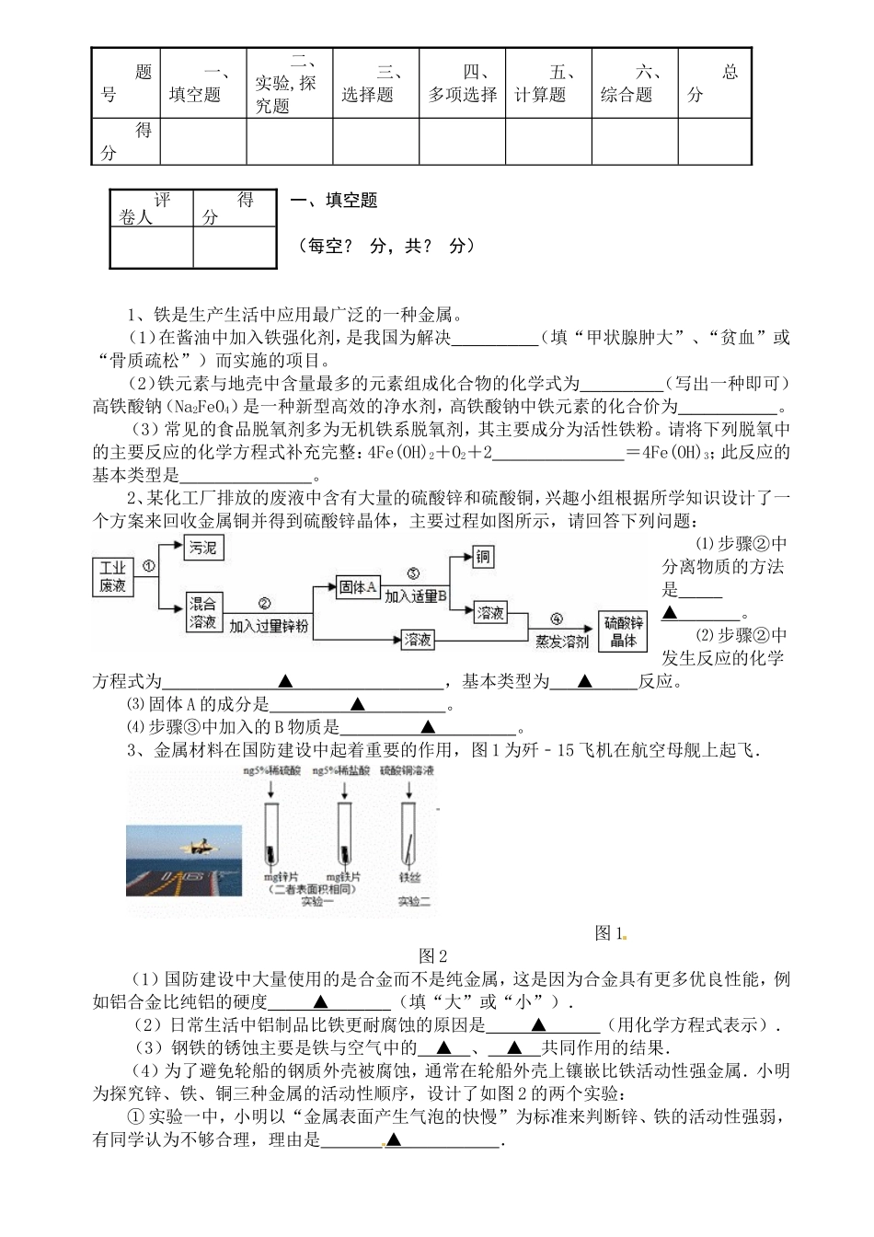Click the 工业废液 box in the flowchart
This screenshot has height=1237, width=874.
pos(113,578)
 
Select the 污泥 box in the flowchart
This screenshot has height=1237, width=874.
pos(203,548)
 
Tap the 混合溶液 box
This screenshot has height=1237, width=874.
pos(203,612)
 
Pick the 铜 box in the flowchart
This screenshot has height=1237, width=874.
pos(483,557)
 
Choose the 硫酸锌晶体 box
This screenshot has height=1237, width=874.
pos(623,631)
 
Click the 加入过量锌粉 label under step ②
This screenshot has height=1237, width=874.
pos(269,627)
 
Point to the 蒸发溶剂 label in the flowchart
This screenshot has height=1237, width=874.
pos(558,642)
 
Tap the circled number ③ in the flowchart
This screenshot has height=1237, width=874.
pos(413,572)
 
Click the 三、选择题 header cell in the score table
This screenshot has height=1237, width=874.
pos(375,83)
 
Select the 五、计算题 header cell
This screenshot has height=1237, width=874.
pos(547,83)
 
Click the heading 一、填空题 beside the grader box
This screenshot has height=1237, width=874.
pos(334,201)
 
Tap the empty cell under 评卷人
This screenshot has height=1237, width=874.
pos(151,247)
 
